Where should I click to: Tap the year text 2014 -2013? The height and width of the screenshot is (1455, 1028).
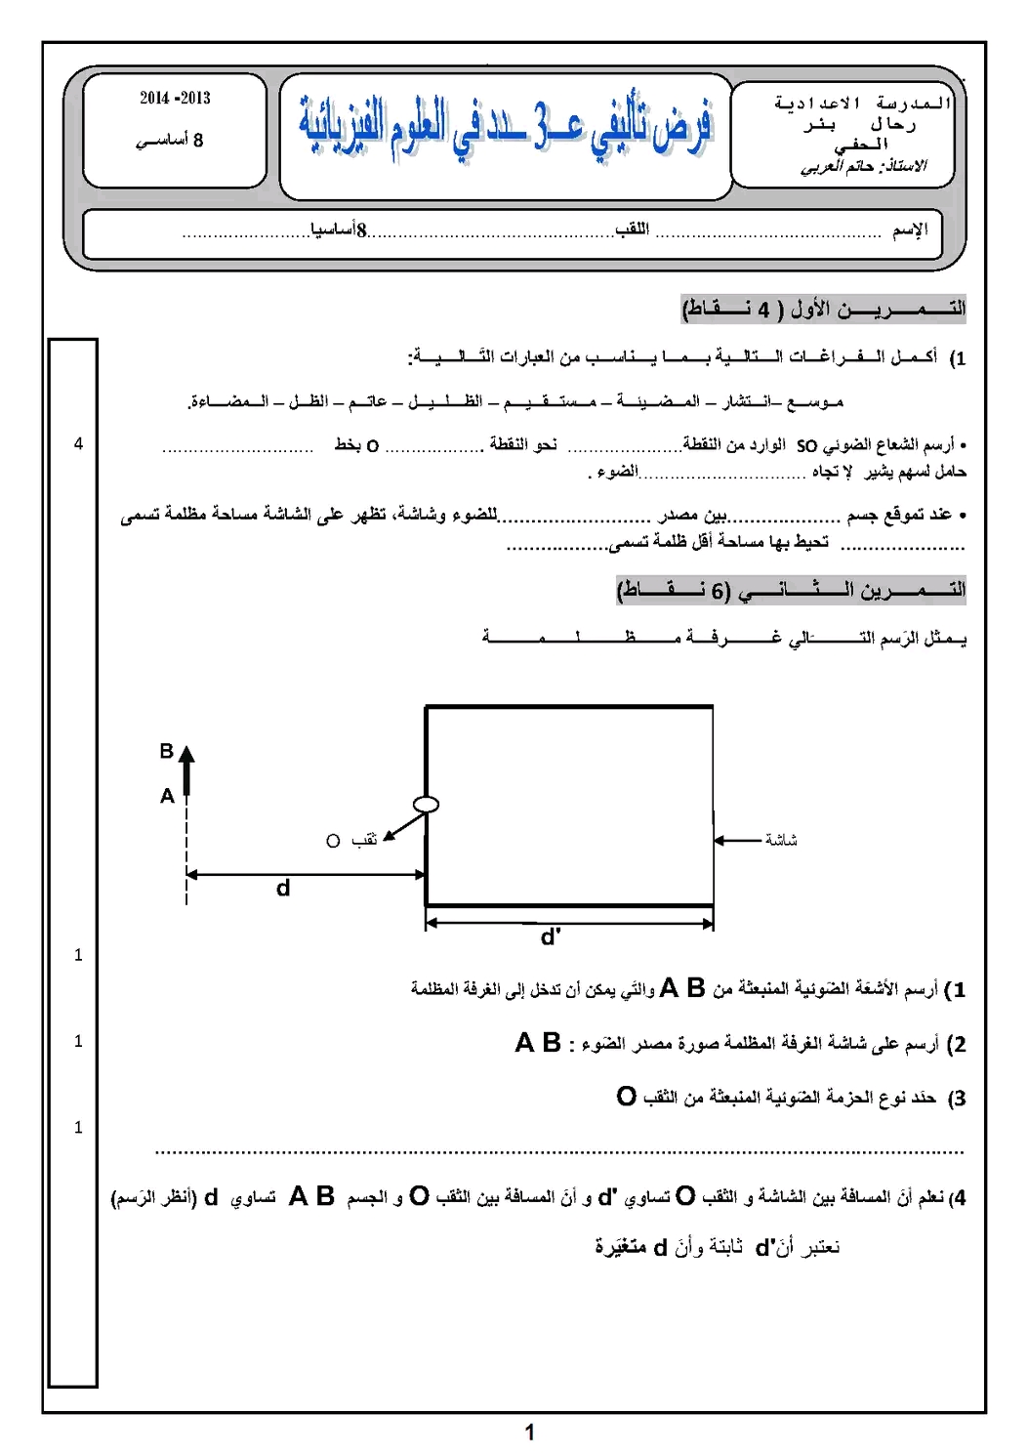pos(175,98)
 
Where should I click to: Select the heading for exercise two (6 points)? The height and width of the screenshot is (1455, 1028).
pos(791,590)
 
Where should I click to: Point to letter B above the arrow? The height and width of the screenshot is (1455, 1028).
pos(167,751)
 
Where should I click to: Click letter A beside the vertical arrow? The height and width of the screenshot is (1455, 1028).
pos(167,796)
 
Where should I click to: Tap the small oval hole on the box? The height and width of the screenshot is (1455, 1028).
pos(426,805)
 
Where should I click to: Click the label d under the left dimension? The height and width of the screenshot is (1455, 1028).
pos(283,889)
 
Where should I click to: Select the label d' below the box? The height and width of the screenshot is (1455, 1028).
pos(551,937)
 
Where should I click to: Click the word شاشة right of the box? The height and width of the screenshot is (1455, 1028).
pos(781,840)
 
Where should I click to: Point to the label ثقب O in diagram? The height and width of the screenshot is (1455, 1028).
pos(351,841)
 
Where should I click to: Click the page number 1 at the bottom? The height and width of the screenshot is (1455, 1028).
pos(530,1433)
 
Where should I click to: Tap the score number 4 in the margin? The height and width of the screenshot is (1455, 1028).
pos(79,444)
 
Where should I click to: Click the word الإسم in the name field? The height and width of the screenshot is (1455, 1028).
pos(910,229)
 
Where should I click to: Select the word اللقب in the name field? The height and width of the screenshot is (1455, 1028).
pos(633,229)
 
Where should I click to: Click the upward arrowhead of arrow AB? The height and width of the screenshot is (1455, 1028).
pos(186,755)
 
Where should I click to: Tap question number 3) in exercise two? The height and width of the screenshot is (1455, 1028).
pos(957,1099)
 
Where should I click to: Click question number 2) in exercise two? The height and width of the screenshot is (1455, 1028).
pos(957,1044)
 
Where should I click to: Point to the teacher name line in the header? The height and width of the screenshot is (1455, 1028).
pos(863,167)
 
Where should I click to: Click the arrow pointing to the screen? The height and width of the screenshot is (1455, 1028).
pos(737,840)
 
